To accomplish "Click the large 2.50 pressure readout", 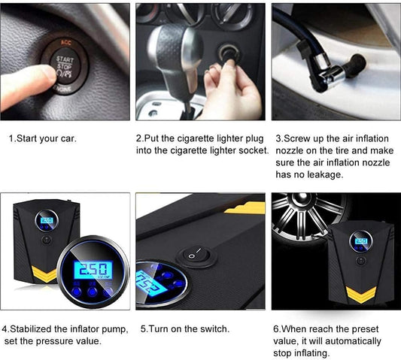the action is pos(93,270).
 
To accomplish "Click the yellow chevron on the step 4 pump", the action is pos(44,274).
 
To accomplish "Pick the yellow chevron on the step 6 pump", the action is pos(361,295).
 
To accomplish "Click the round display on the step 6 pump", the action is pos(361,242).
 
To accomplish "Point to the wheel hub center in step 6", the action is pos(302,198).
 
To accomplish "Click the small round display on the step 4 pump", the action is pos(47,220).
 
